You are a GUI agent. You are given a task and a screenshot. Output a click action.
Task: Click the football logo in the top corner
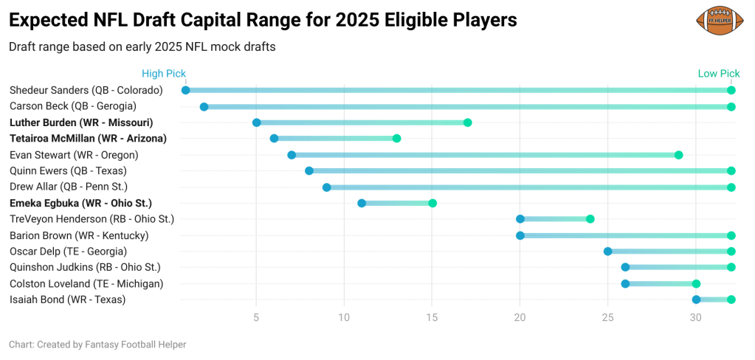tap(718, 21)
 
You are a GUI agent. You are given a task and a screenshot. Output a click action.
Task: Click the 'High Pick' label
tap(163, 74)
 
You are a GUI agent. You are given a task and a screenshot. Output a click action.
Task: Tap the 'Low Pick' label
tap(718, 74)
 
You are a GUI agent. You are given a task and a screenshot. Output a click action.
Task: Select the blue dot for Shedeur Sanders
tap(186, 90)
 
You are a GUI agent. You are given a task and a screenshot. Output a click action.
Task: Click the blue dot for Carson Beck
tap(204, 107)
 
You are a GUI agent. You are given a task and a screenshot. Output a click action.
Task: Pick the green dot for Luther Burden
tap(467, 122)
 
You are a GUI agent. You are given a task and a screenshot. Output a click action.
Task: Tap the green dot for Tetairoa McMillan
tap(397, 139)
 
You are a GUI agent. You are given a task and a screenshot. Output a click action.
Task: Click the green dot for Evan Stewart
tap(678, 155)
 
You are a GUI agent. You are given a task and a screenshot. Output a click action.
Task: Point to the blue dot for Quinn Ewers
tap(309, 171)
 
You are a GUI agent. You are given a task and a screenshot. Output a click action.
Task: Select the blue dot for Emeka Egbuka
tap(362, 203)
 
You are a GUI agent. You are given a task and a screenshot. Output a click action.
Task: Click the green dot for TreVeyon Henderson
tap(590, 219)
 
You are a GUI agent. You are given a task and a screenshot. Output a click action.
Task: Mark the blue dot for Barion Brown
tap(520, 235)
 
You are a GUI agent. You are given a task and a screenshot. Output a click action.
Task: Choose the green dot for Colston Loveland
tap(696, 283)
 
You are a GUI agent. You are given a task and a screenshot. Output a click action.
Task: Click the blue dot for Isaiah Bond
tap(696, 300)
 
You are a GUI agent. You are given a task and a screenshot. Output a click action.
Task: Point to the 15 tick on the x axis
tap(432, 318)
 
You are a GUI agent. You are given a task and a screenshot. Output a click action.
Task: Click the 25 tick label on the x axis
tap(608, 318)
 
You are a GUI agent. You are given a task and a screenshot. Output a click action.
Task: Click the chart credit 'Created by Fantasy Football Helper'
tap(97, 345)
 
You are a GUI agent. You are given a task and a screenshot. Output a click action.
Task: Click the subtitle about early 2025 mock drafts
tap(142, 47)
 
